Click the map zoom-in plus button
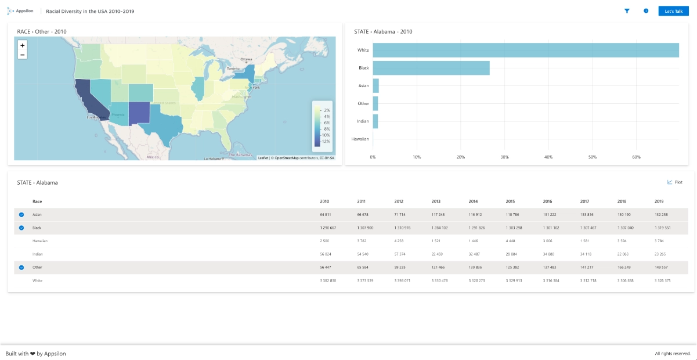coord(22,45)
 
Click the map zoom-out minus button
coord(22,55)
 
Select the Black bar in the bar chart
coord(431,68)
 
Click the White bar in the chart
coord(525,50)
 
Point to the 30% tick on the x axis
coord(504,157)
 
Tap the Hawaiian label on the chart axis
coord(360,139)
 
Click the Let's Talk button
coord(673,11)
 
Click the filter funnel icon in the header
coord(627,11)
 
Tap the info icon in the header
coord(646,11)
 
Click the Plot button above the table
coord(675,182)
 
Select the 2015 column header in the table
coord(510,201)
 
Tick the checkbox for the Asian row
coord(21,215)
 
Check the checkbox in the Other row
coord(21,268)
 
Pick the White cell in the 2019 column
coord(662,281)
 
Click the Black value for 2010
coord(328,228)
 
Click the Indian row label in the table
coord(38,254)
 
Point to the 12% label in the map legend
coord(326,141)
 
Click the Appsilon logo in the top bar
coord(20,11)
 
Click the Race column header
coord(37,201)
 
